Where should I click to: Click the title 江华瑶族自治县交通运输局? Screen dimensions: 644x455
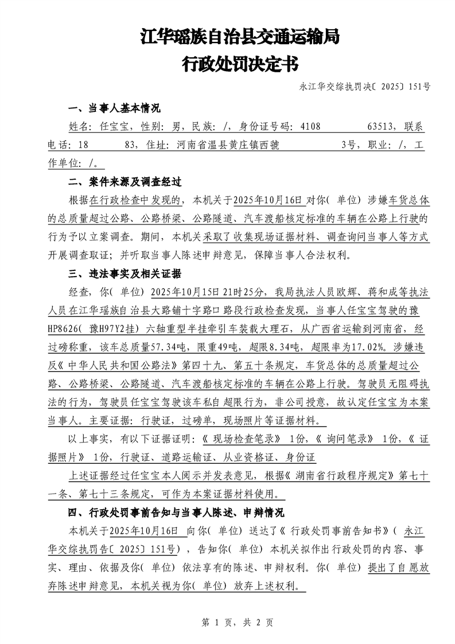tap(240, 38)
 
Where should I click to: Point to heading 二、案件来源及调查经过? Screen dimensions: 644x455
tap(125, 183)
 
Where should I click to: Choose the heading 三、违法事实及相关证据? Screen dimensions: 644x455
tap(125, 273)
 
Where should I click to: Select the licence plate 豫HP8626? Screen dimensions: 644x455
tap(68, 329)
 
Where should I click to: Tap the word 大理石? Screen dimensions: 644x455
tap(255, 329)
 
